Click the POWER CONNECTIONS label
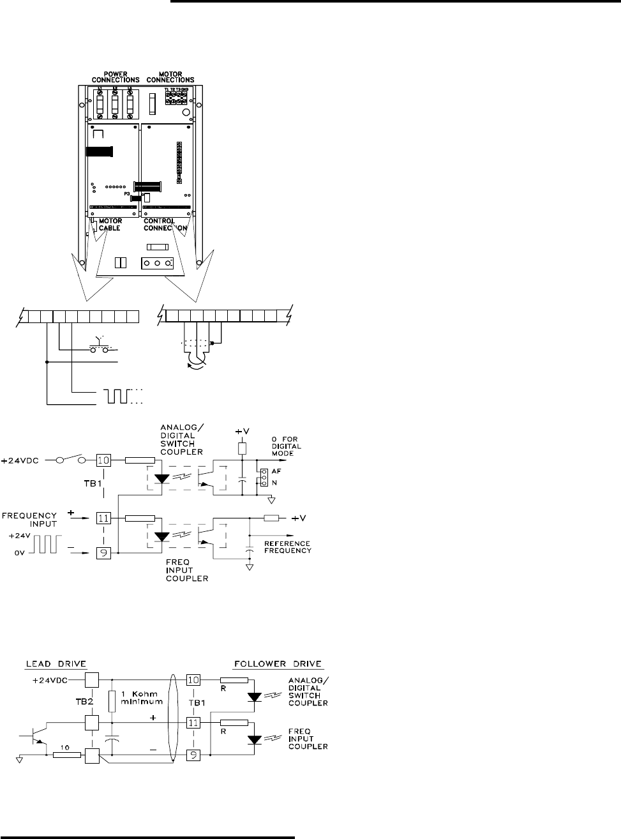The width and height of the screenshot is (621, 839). [x=116, y=76]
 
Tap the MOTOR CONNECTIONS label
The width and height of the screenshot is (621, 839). [x=168, y=76]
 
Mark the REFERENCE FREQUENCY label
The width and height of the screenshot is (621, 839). [x=288, y=547]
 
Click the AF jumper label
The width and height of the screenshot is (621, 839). [x=276, y=469]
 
